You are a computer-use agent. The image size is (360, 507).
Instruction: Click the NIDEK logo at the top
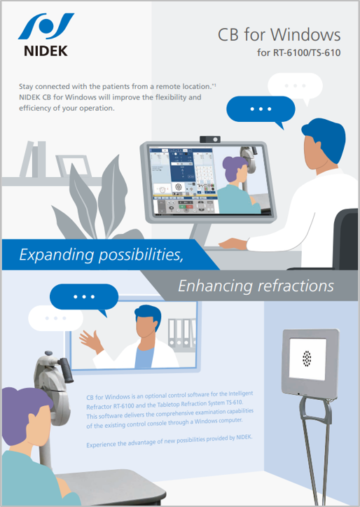[46, 35]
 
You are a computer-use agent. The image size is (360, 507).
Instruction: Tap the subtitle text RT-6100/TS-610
[307, 53]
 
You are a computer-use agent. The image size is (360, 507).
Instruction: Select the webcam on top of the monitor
[210, 139]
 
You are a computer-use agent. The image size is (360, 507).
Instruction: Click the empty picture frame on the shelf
[74, 165]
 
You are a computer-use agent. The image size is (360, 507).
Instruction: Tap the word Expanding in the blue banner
[57, 255]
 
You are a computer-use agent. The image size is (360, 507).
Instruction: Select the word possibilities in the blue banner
[141, 255]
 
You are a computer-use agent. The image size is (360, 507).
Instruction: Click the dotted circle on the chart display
[307, 359]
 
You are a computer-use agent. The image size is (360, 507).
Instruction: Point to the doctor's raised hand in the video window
[91, 341]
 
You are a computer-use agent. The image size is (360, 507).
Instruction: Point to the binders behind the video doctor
[182, 334]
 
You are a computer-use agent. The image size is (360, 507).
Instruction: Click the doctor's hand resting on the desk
[233, 243]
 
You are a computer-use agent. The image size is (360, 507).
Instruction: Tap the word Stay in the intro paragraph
[26, 87]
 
